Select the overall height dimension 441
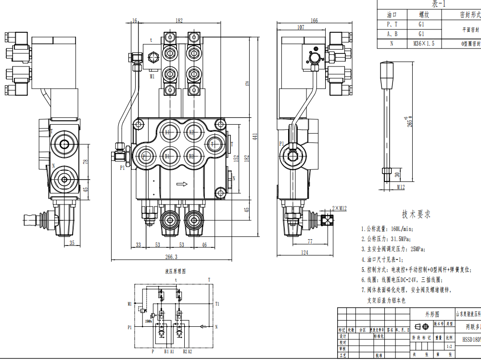[255, 137]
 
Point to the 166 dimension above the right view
[314, 21]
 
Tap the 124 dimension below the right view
[304, 252]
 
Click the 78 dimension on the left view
[86, 162]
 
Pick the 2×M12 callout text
[339, 207]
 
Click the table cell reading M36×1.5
[424, 43]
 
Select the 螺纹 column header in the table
[424, 15]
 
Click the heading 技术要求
[417, 214]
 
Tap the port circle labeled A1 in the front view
[167, 132]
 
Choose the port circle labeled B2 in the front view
[191, 156]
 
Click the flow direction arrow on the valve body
[182, 183]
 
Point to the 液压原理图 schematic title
[175, 271]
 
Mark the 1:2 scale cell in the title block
[449, 346]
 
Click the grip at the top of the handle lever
[387, 74]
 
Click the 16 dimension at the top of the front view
[135, 21]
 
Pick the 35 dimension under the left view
[72, 243]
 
